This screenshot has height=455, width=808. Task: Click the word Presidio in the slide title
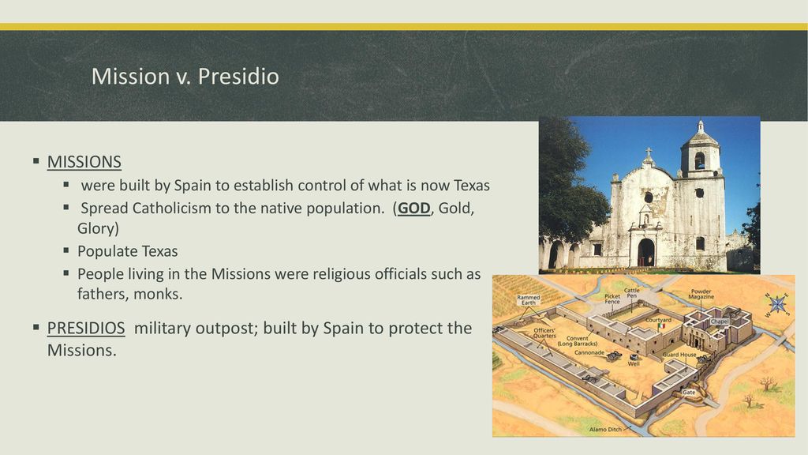click(238, 77)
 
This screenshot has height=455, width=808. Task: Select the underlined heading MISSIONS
click(84, 162)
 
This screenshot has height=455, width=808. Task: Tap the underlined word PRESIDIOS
click(86, 328)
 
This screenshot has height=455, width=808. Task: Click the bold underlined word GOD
click(413, 208)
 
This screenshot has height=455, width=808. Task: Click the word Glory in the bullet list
click(98, 228)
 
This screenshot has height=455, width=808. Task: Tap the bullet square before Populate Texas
click(66, 250)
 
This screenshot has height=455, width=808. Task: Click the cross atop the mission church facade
click(649, 152)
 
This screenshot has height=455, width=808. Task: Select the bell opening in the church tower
click(699, 160)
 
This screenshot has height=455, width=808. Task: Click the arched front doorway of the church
click(645, 252)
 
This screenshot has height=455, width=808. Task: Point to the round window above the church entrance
click(649, 197)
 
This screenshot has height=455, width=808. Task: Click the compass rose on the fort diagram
click(776, 304)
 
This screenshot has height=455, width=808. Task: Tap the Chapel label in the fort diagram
click(720, 322)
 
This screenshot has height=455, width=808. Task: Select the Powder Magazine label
click(701, 294)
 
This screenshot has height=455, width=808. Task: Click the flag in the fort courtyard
click(662, 326)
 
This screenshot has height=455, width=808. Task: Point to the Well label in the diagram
click(634, 363)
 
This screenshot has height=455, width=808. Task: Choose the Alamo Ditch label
click(605, 429)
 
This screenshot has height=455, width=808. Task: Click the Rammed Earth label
click(528, 299)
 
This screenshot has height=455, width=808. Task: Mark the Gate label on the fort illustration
click(689, 393)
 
